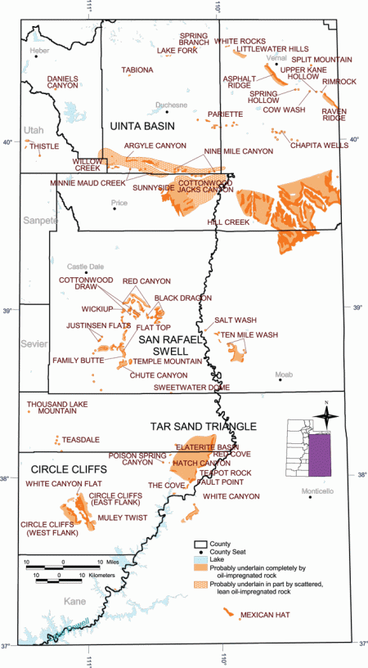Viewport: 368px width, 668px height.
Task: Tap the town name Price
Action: [x=120, y=201]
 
